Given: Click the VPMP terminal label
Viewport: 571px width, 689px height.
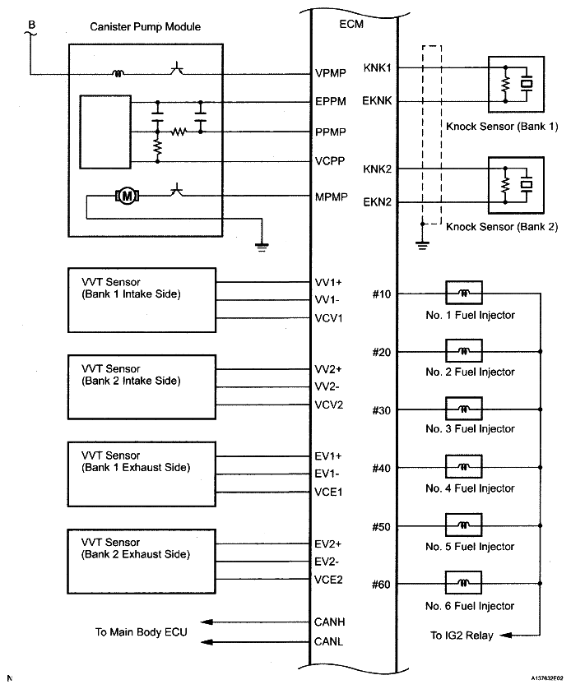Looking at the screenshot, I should point(330,73).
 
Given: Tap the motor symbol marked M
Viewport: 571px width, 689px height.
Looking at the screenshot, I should point(128,196).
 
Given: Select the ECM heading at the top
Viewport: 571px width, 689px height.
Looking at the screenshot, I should point(351,25).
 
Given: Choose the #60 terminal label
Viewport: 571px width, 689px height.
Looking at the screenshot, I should point(381,585).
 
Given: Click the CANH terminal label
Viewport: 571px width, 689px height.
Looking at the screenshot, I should point(329,622).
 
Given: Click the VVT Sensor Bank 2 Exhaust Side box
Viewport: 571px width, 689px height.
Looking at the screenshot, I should point(145,562).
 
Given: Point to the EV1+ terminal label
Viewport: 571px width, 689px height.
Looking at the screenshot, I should point(329,456).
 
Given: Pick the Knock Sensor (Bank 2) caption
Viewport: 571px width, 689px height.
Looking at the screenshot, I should point(501,227).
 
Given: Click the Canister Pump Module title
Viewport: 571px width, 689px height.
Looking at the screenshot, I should point(146,27).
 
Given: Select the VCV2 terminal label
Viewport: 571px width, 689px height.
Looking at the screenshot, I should point(329,405).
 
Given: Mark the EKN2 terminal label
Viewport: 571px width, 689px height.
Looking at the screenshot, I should point(378,201).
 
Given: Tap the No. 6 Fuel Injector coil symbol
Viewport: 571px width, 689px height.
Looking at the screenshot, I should point(463,585).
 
